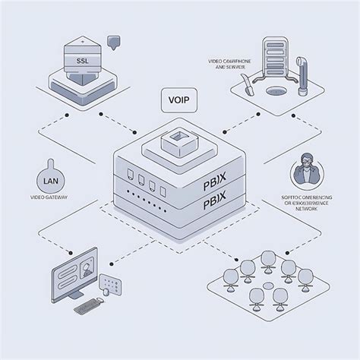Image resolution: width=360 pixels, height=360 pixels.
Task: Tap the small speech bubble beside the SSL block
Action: click(115, 41)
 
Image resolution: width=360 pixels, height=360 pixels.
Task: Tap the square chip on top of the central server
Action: click(180, 139)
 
